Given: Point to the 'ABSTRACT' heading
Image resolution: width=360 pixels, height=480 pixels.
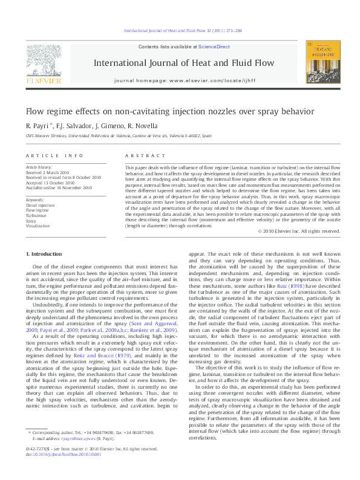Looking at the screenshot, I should pos(139,155).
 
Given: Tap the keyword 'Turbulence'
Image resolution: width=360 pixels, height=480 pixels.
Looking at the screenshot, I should pos(36,215).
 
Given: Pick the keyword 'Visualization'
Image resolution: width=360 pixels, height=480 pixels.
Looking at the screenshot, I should pos(38,225).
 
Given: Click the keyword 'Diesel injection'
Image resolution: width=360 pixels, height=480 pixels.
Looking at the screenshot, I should pos(40,205).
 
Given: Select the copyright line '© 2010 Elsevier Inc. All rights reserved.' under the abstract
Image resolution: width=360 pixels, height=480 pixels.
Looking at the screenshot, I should pos(299,231).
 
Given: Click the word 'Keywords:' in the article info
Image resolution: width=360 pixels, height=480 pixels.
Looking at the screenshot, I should pos(35,199).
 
